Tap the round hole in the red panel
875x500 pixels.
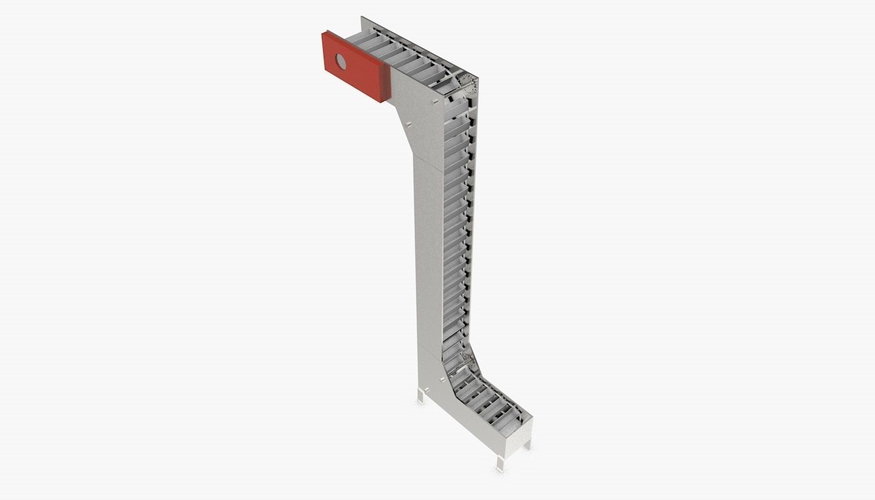341,61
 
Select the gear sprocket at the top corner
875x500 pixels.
465,81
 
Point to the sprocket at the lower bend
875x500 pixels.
466,359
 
